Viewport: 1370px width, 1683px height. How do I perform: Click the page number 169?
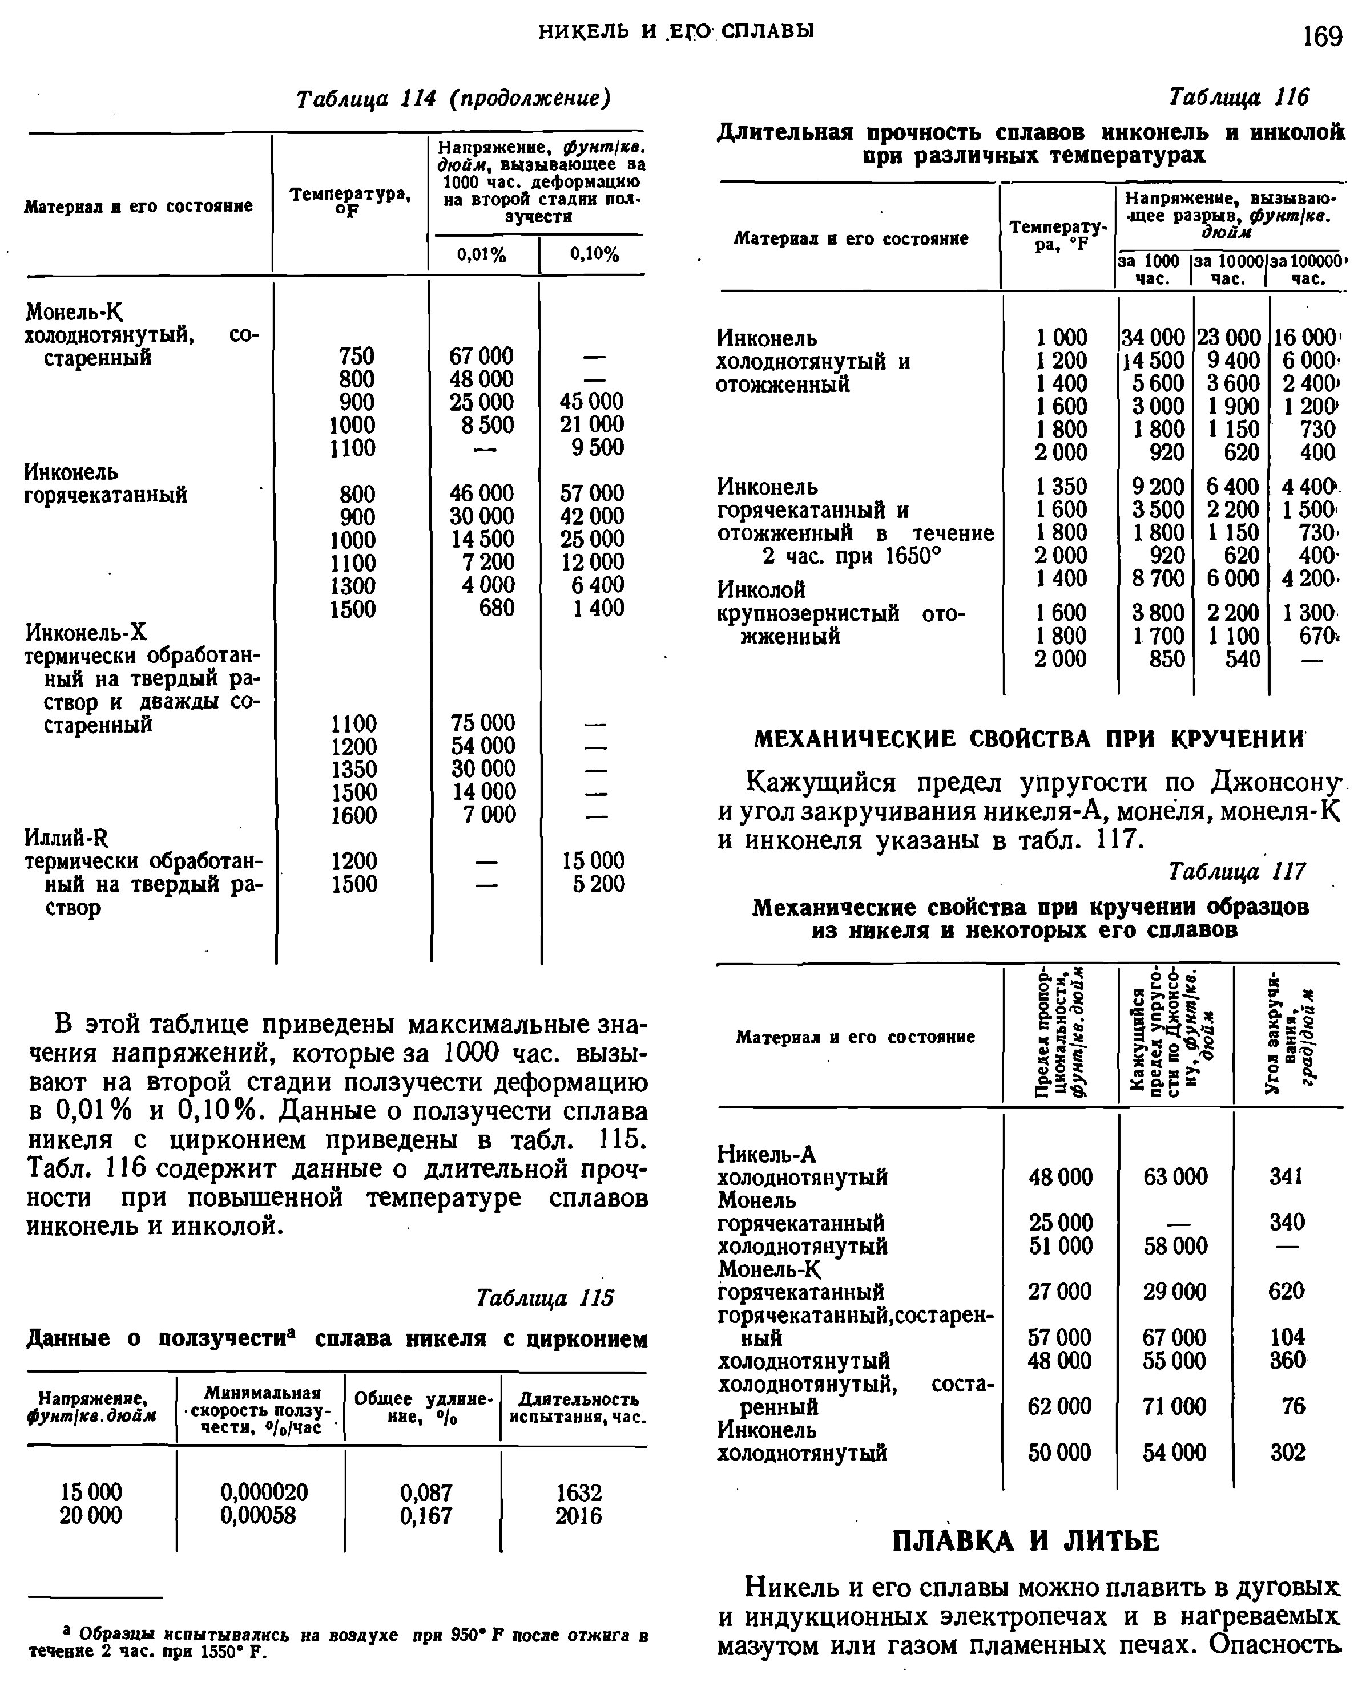[1322, 37]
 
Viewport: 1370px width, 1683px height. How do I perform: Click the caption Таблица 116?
[1238, 97]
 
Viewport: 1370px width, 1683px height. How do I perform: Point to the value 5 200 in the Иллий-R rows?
[598, 883]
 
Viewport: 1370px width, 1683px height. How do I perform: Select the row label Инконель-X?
[86, 633]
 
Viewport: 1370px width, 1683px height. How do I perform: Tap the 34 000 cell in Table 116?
[1153, 338]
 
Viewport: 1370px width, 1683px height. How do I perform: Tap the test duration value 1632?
[578, 1492]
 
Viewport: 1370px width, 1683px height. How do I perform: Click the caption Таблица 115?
[545, 1297]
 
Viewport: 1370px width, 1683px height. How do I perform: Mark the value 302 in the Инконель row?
[1287, 1452]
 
